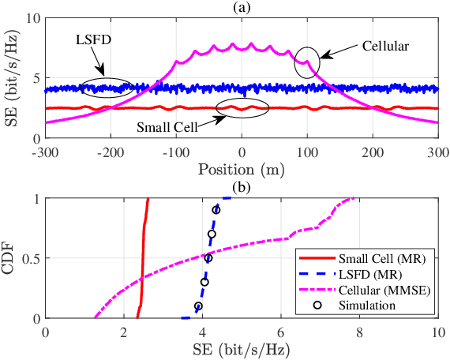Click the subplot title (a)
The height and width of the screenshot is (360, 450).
(x=242, y=6)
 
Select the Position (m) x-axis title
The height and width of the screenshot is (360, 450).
(x=242, y=170)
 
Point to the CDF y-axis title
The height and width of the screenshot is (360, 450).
(x=10, y=258)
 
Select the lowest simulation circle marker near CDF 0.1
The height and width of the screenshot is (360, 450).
(x=198, y=306)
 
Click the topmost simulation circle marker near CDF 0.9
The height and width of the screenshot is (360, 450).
(x=216, y=210)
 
